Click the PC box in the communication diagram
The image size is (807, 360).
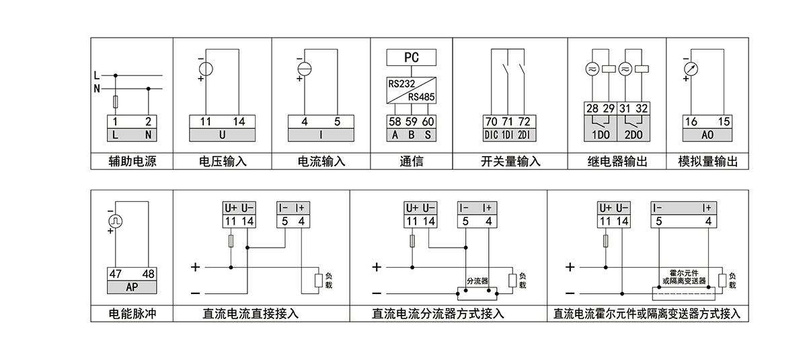pyautogui.click(x=411, y=58)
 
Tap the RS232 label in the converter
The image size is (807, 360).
pyautogui.click(x=401, y=85)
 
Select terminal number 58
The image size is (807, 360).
pyautogui.click(x=394, y=122)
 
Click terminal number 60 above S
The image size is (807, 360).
pyautogui.click(x=428, y=122)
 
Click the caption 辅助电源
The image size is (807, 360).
pyautogui.click(x=132, y=161)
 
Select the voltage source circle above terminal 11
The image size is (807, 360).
pyautogui.click(x=205, y=69)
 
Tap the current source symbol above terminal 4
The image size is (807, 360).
pyautogui.click(x=304, y=69)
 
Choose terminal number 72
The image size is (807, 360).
pyautogui.click(x=524, y=122)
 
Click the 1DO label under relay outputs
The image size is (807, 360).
pyautogui.click(x=599, y=135)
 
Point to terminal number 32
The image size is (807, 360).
pyautogui.click(x=642, y=108)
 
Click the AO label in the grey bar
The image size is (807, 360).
pyautogui.click(x=707, y=135)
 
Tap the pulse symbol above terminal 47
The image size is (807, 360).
pyautogui.click(x=115, y=220)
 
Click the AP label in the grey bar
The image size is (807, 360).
pyautogui.click(x=132, y=287)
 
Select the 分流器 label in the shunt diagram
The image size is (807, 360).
pyautogui.click(x=476, y=280)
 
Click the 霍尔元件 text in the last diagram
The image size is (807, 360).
pyautogui.click(x=685, y=273)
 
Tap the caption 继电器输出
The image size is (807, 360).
pyautogui.click(x=617, y=161)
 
